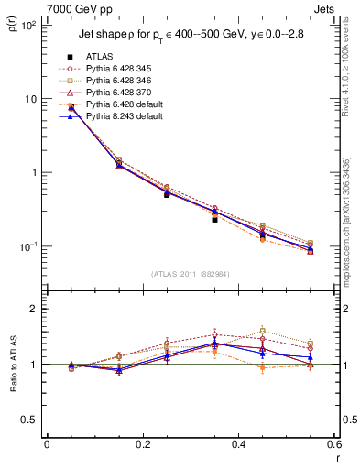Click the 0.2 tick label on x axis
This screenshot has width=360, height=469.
coord(142,444)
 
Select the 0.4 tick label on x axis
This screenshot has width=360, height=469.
coord(238,444)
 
